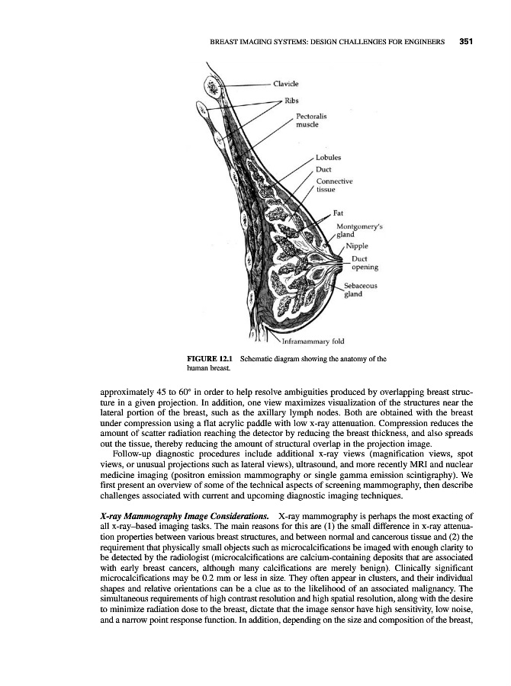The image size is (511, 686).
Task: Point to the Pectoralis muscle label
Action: (x=311, y=120)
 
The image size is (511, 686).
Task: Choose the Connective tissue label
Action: (x=333, y=185)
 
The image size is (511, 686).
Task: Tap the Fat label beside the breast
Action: (x=340, y=214)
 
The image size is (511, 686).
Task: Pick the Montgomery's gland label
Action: (x=359, y=231)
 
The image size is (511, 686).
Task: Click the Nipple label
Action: (x=358, y=246)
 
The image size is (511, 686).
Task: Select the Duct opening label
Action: (x=365, y=263)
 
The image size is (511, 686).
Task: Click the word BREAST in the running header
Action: (x=227, y=42)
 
